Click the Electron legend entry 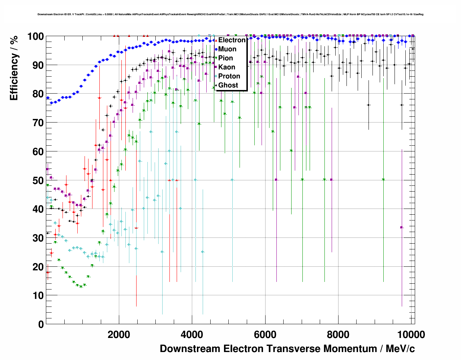[x=232, y=40]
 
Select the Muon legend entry [x=227, y=49]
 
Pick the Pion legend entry [x=225, y=58]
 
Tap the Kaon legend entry [x=227, y=67]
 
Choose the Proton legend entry [x=229, y=76]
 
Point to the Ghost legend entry [x=228, y=85]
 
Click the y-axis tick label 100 [x=35, y=37]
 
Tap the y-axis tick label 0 [x=41, y=324]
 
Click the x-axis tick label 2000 [x=119, y=335]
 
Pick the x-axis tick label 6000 [x=265, y=335]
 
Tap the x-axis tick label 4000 [x=192, y=335]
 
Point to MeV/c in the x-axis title [x=400, y=349]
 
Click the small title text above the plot [x=231, y=14]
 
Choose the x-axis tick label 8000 [x=338, y=335]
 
